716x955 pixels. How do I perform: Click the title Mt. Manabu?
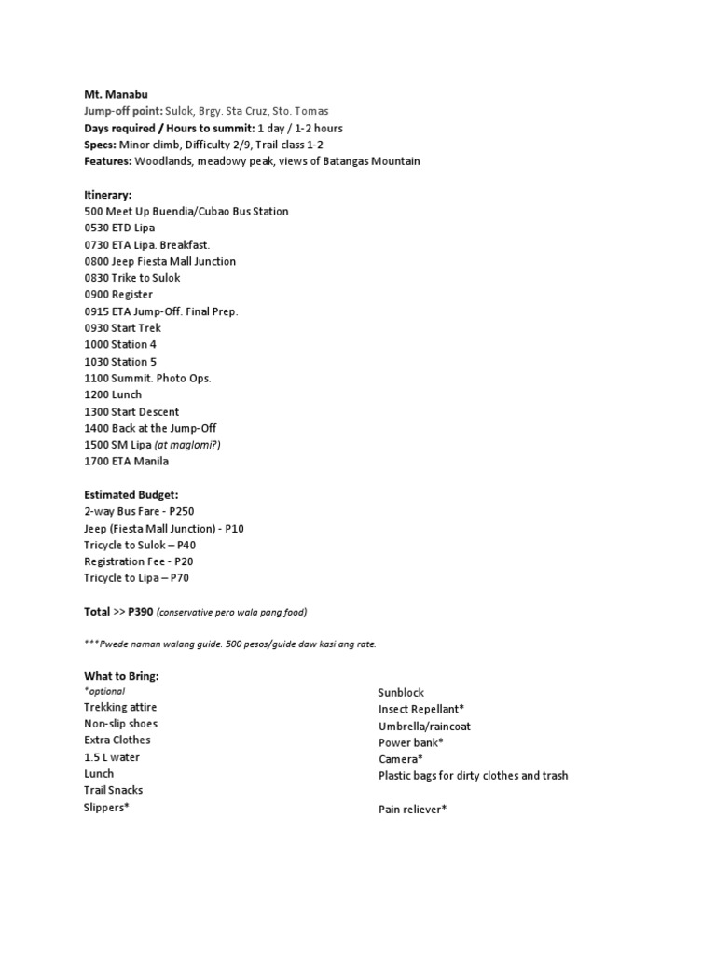115,94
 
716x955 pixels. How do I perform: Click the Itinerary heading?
108,194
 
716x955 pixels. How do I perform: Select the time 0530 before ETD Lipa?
97,228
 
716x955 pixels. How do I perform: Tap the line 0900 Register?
118,295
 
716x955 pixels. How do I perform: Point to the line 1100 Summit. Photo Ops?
147,379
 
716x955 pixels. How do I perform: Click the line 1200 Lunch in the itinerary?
113,395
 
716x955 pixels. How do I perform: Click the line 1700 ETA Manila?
126,462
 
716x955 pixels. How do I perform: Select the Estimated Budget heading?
131,495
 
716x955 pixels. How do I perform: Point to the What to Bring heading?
128,675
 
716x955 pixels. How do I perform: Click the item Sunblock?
401,693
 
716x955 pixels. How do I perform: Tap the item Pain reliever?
412,810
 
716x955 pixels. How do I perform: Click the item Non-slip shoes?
120,724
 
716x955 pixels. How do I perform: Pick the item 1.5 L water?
112,757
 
